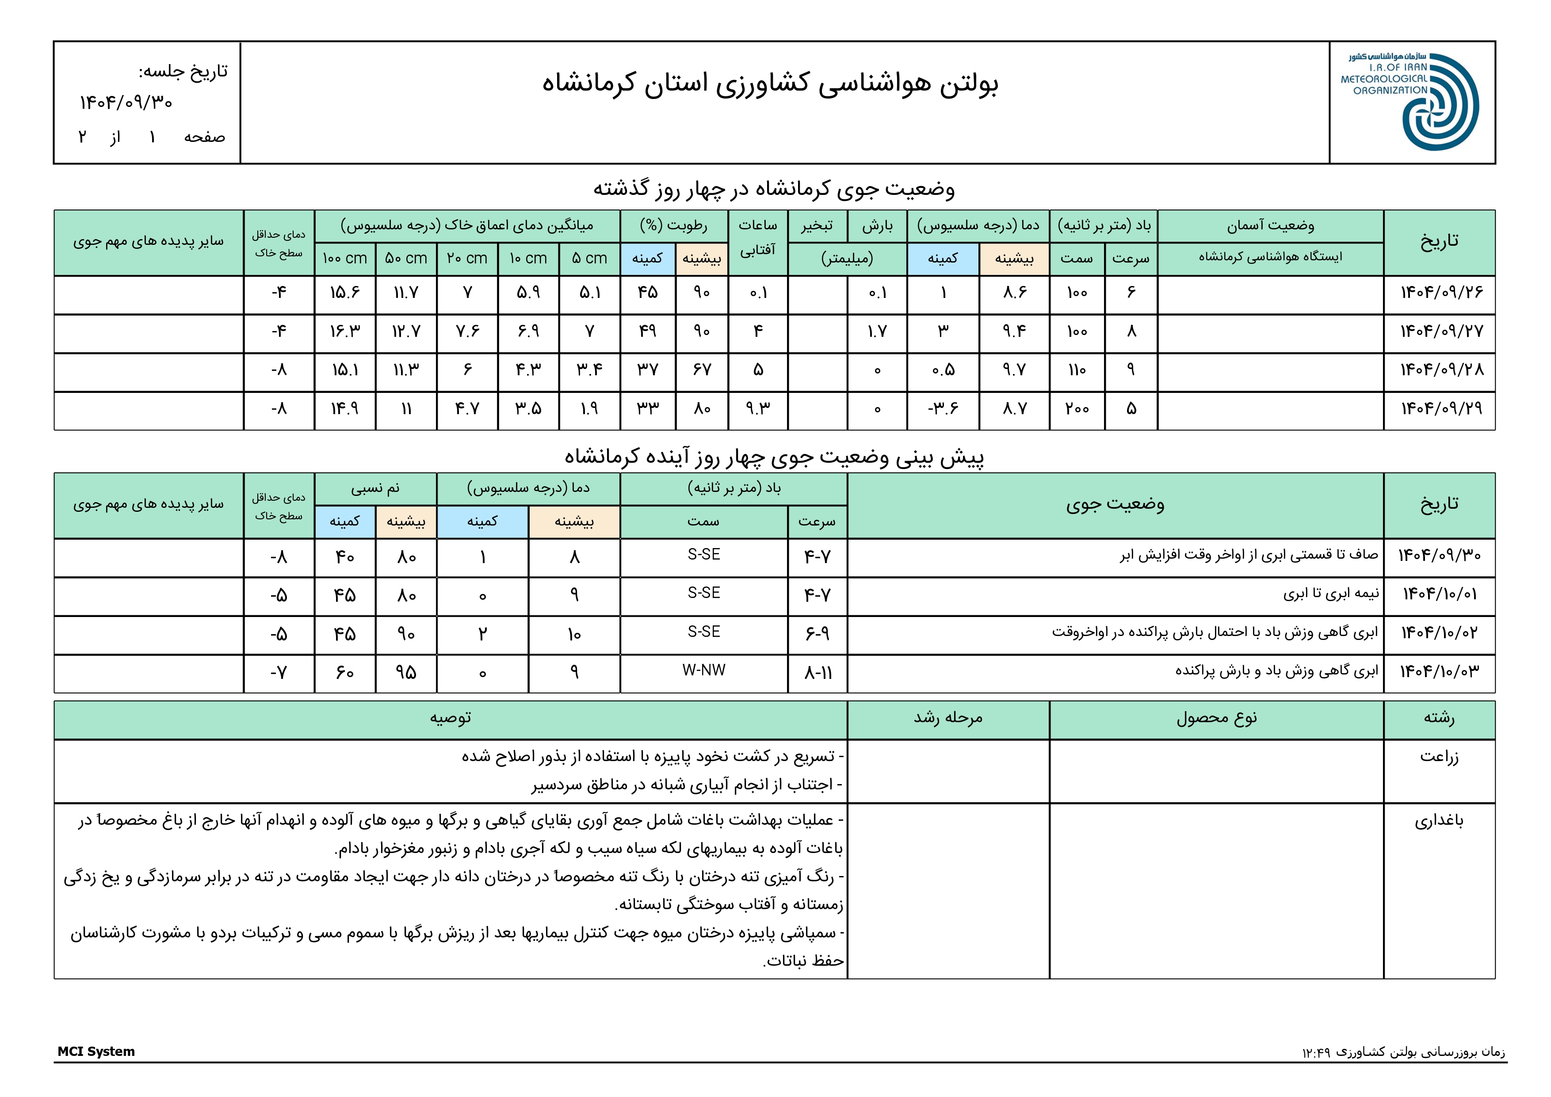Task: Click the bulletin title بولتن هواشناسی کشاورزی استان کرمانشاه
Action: pos(770,83)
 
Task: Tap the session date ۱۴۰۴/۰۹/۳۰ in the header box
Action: pos(126,103)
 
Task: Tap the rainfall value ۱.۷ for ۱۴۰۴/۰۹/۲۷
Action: pos(877,331)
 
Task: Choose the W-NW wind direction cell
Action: pos(703,671)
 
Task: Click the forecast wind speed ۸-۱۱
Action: pos(818,673)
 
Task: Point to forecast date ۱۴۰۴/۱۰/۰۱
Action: pos(1440,594)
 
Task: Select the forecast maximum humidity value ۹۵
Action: pos(405,673)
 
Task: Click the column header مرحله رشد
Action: pos(948,719)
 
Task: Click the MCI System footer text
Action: pos(96,1052)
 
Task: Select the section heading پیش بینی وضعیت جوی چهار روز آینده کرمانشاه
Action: pos(774,457)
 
